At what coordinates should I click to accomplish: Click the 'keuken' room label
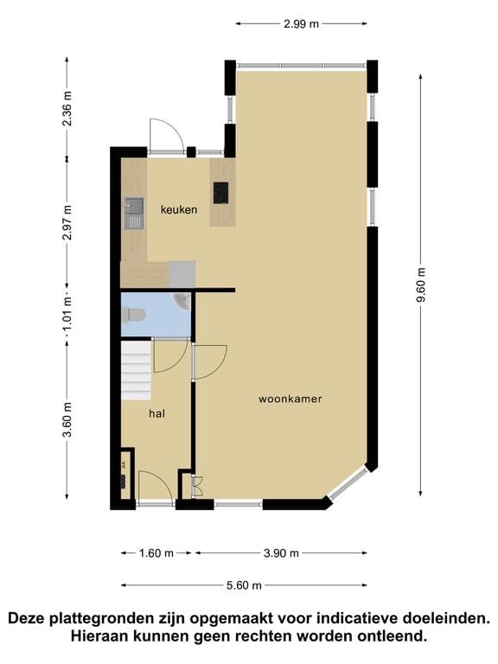point(179,209)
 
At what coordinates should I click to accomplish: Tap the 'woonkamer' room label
point(290,399)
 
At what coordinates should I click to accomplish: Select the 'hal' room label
point(156,414)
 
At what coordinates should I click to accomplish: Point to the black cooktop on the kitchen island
point(221,191)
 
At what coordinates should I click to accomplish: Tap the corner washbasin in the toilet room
point(182,300)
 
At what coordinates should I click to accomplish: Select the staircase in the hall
point(136,369)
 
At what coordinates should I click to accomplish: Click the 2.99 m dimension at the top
point(301,24)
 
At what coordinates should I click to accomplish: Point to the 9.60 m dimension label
point(421,284)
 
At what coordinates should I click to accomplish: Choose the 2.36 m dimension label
point(68,108)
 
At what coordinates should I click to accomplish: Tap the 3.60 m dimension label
point(68,420)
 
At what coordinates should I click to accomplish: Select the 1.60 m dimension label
point(156,553)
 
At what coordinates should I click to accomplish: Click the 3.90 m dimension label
point(281,553)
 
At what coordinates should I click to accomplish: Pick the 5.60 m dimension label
point(243,585)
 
